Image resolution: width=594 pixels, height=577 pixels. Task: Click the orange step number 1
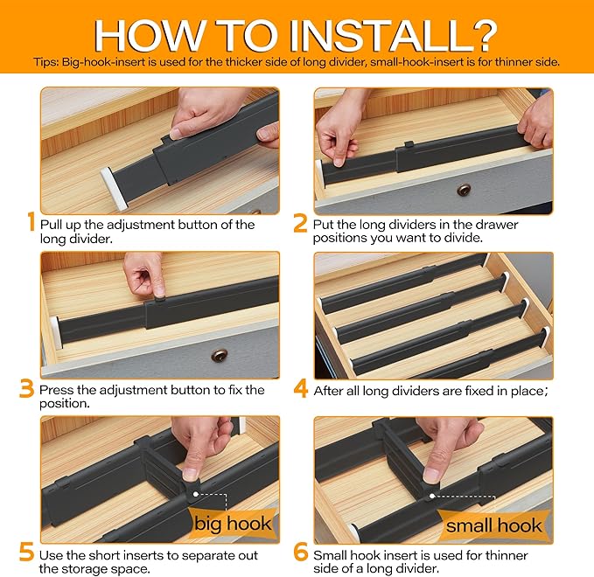pyautogui.click(x=31, y=221)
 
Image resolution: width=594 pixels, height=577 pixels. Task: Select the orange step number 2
pyautogui.click(x=300, y=224)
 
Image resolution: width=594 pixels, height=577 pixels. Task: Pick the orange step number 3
pyautogui.click(x=26, y=388)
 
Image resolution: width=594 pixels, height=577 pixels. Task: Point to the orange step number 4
pyautogui.click(x=301, y=389)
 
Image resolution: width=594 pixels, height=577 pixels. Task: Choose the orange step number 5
pyautogui.click(x=26, y=553)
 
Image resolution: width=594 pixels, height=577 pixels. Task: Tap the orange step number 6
pyautogui.click(x=300, y=553)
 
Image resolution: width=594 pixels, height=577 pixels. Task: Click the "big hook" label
pyautogui.click(x=233, y=524)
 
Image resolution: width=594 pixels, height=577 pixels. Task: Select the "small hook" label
pyautogui.click(x=493, y=525)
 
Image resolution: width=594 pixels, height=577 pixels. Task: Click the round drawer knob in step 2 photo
pyautogui.click(x=464, y=190)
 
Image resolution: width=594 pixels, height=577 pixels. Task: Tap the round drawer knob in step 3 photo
pyautogui.click(x=220, y=355)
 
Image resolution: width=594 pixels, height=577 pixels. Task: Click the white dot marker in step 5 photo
pyautogui.click(x=195, y=494)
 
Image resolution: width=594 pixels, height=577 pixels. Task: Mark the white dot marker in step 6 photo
pyautogui.click(x=432, y=496)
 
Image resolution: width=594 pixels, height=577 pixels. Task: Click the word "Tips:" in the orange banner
pyautogui.click(x=45, y=62)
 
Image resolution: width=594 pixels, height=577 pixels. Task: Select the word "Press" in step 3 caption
pyautogui.click(x=57, y=390)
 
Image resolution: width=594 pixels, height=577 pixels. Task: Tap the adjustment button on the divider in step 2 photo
pyautogui.click(x=409, y=144)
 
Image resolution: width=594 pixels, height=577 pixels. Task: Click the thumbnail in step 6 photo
pyautogui.click(x=431, y=473)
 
